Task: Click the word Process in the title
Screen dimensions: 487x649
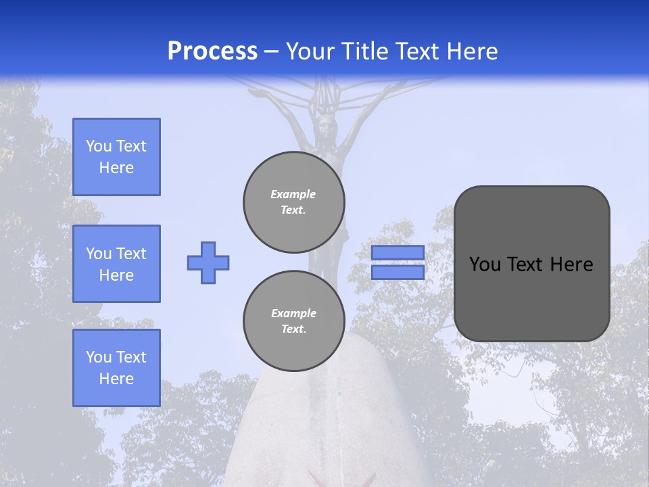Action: click(212, 51)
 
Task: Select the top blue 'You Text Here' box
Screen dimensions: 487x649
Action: click(116, 157)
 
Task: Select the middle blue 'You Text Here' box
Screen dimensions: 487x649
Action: click(116, 264)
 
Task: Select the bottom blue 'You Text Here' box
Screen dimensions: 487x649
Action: click(116, 368)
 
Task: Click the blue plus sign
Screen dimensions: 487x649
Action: click(208, 262)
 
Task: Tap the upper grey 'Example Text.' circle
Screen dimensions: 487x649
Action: click(294, 202)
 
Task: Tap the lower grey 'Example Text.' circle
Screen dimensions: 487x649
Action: click(294, 321)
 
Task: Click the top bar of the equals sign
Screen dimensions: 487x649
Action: click(398, 252)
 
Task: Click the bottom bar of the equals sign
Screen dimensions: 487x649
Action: click(398, 272)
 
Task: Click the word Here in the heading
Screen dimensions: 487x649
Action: click(471, 51)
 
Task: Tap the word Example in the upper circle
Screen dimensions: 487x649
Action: click(293, 194)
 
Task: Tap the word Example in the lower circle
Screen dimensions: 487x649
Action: click(293, 313)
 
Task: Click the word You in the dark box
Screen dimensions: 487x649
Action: click(484, 264)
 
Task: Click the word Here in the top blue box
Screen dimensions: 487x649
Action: click(116, 168)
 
